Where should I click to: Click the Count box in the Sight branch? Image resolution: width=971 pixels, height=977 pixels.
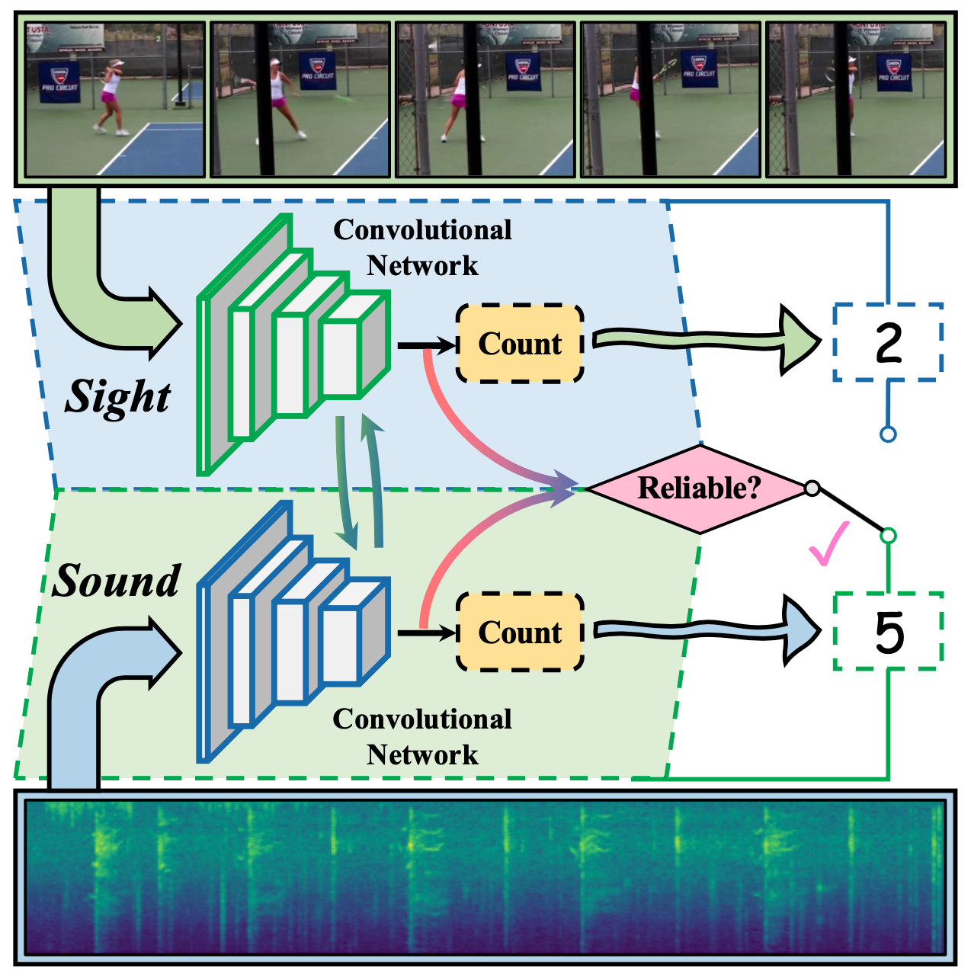tap(520, 344)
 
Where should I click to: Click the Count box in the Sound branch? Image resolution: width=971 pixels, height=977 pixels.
tap(520, 633)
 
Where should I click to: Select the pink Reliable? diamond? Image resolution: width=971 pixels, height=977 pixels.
tap(699, 488)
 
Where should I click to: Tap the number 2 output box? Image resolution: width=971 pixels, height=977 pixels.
tap(888, 342)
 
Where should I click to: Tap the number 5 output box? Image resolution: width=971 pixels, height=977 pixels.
tap(888, 632)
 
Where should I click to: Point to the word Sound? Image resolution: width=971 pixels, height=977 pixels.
tap(117, 581)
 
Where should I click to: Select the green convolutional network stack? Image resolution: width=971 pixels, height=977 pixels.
tap(293, 347)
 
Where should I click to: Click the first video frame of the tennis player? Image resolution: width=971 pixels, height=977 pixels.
tap(115, 99)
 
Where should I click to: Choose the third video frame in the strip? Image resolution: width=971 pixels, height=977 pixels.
tap(485, 99)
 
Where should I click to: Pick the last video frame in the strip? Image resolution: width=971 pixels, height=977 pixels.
tap(855, 99)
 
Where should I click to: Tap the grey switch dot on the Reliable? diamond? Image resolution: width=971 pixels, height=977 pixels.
tap(812, 488)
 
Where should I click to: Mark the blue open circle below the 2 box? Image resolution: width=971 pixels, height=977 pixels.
tap(888, 434)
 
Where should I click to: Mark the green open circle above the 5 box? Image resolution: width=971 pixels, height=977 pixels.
tap(888, 536)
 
